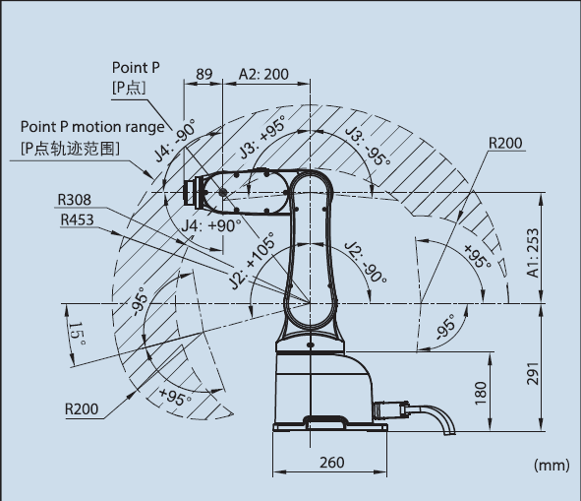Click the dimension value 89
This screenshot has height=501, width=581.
click(x=204, y=74)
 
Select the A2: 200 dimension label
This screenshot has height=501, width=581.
click(x=263, y=74)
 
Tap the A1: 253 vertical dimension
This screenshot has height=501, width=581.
click(x=533, y=252)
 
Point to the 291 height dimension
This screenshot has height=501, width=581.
click(x=533, y=373)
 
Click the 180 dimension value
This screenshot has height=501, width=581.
click(x=480, y=393)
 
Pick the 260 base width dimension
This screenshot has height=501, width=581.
click(x=332, y=463)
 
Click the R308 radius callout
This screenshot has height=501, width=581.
click(x=74, y=200)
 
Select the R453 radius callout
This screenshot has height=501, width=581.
click(x=77, y=219)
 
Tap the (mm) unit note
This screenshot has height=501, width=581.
click(x=552, y=465)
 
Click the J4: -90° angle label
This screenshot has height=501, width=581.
click(x=175, y=141)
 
